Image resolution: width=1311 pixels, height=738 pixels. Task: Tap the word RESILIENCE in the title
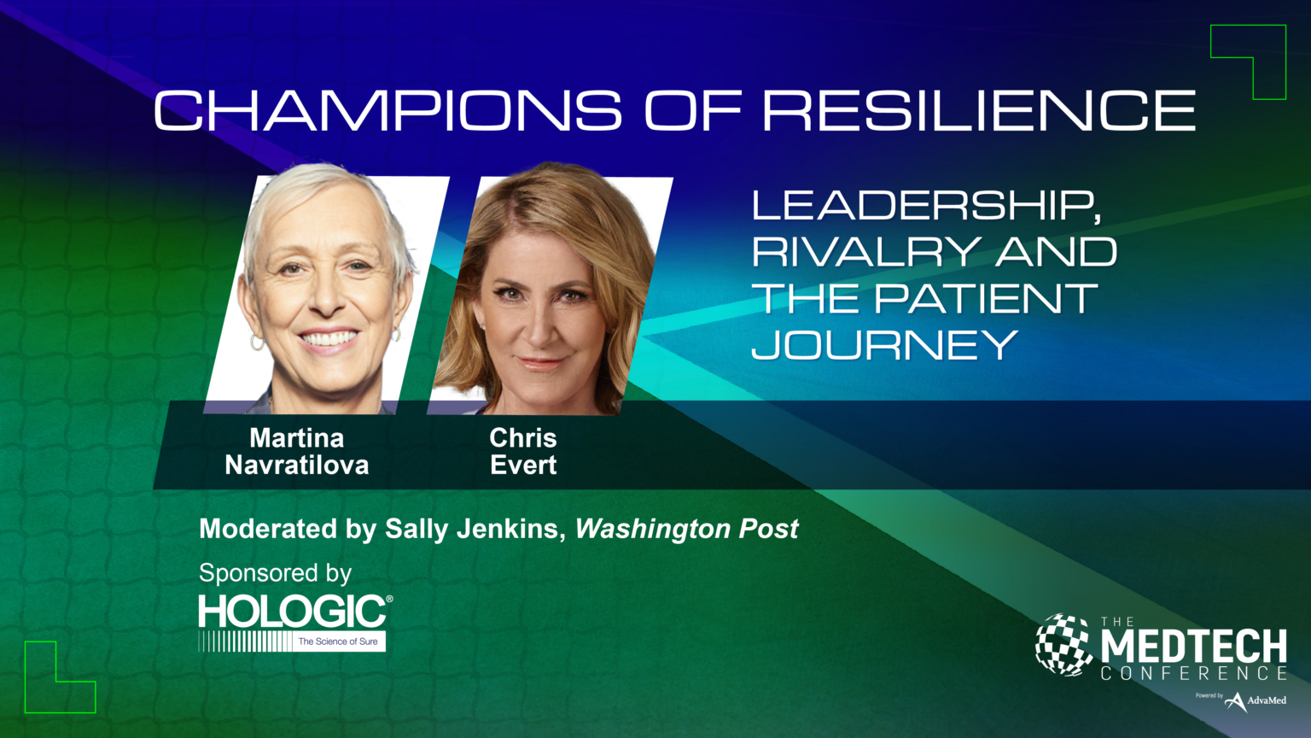point(979,111)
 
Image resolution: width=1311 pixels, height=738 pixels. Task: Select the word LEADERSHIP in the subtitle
point(925,206)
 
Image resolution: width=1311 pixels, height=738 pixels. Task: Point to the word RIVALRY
point(865,252)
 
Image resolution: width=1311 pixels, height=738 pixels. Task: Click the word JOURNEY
point(884,345)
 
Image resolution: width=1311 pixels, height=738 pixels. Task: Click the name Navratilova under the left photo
point(297,466)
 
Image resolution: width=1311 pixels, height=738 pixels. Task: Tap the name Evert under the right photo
point(523,466)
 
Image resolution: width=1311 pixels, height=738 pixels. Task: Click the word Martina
point(297,438)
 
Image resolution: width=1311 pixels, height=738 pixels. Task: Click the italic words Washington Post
point(687,529)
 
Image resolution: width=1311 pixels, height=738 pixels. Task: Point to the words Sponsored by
point(275,572)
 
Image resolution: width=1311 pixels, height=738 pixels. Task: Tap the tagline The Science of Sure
point(338,641)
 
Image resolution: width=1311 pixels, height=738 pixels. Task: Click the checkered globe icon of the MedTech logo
point(1063,645)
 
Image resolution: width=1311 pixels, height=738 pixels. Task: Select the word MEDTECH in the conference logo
point(1193,647)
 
